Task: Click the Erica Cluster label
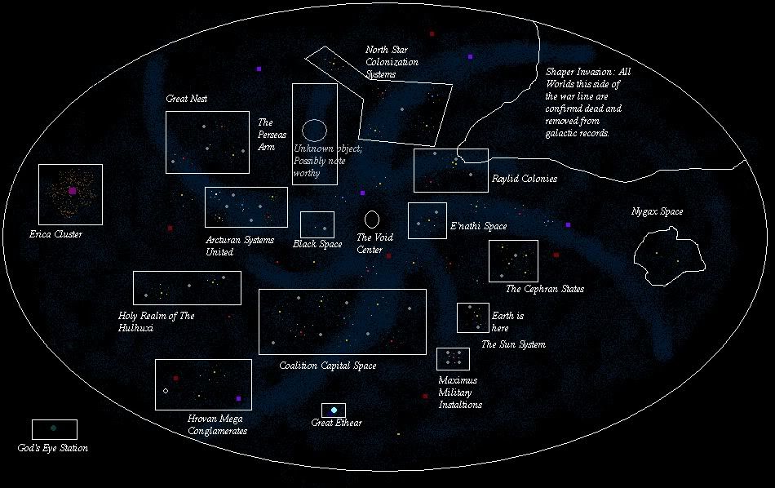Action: point(55,234)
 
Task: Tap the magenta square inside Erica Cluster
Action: point(73,190)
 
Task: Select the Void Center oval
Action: point(371,219)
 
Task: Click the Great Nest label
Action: point(187,99)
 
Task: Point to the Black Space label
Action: point(317,244)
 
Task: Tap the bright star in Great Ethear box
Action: point(334,410)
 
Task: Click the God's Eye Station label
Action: point(52,448)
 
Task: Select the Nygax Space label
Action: point(657,212)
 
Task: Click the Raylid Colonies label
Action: point(525,179)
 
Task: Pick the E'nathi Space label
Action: point(478,226)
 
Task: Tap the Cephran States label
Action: point(544,289)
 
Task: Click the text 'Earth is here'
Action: point(507,322)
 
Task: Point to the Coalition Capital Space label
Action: point(327,366)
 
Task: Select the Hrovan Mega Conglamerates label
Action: point(217,425)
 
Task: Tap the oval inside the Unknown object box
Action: point(314,129)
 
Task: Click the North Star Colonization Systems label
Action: point(392,62)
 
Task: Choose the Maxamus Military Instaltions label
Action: point(460,393)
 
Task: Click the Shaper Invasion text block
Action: point(587,102)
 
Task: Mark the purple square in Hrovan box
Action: point(239,399)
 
